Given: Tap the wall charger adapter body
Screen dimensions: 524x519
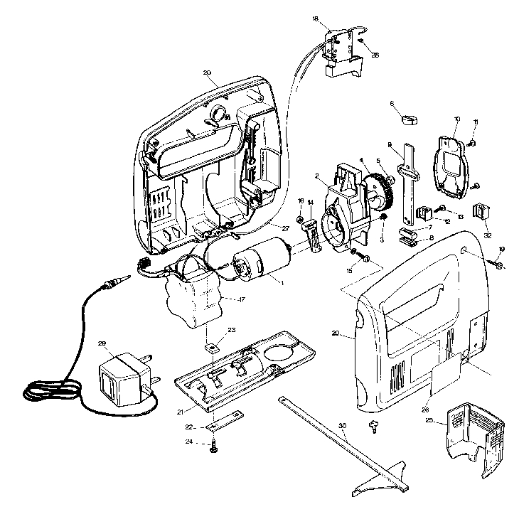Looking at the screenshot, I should tap(120, 376).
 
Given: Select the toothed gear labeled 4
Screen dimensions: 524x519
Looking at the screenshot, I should tap(385, 191).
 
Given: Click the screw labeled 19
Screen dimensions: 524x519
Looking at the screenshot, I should tap(497, 266).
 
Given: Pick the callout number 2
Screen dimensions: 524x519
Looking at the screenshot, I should tap(316, 175).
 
